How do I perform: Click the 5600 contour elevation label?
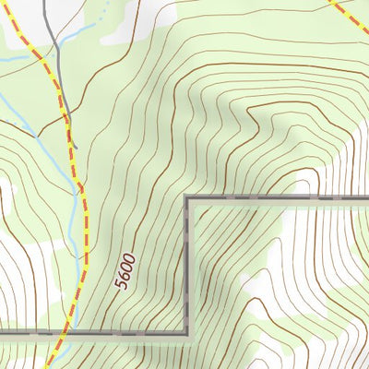[x=125, y=272]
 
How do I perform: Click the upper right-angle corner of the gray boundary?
[x=188, y=199]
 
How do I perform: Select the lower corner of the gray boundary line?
[x=188, y=332]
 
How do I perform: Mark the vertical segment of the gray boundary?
[x=188, y=268]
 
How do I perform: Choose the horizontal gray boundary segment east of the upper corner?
[x=277, y=199]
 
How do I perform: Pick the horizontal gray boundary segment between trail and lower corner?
[x=129, y=332]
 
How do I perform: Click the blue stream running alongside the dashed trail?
[x=74, y=212]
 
